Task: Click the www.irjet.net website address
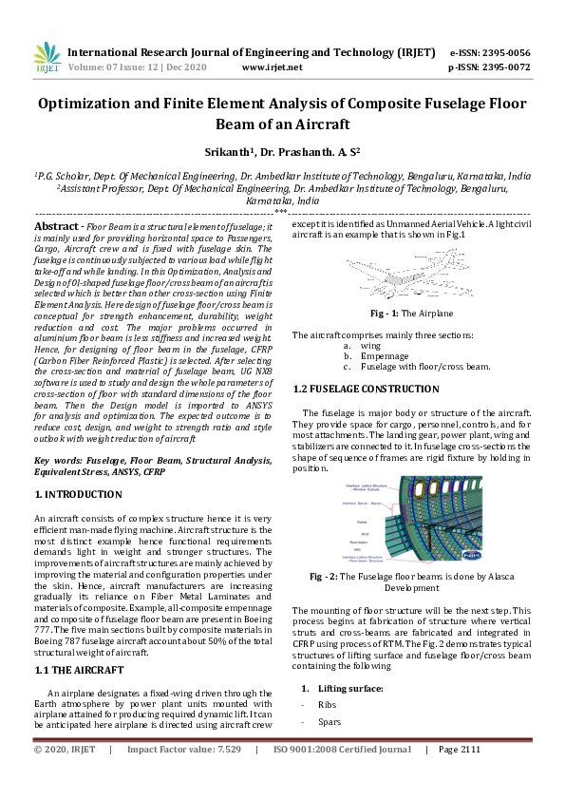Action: [x=273, y=67]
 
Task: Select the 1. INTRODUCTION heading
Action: [x=78, y=494]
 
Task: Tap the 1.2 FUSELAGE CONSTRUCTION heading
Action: [x=366, y=390]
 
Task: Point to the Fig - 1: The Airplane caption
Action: [x=398, y=313]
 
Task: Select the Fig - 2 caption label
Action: [x=322, y=576]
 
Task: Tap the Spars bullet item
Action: [x=330, y=722]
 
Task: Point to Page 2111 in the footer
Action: [x=460, y=750]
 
